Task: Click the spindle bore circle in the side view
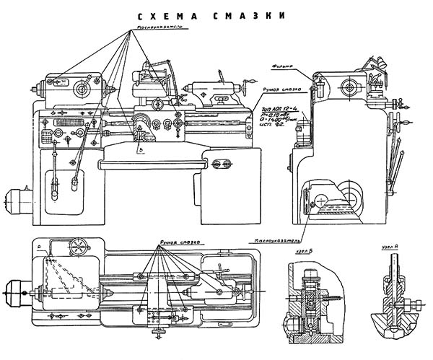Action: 349,88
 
